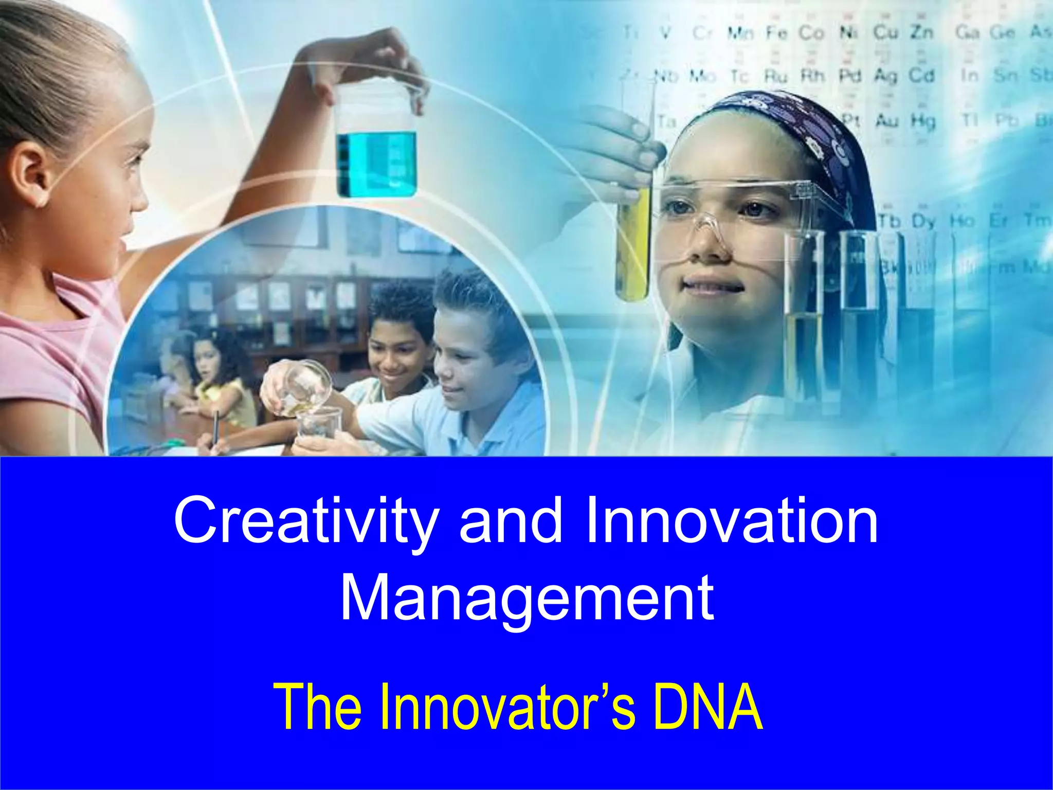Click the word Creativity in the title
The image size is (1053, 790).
[304, 522]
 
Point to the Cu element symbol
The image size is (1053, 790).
[885, 32]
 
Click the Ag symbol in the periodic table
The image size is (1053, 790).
[885, 76]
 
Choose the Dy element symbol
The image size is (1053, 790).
[923, 221]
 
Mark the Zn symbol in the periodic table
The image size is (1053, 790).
[922, 32]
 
